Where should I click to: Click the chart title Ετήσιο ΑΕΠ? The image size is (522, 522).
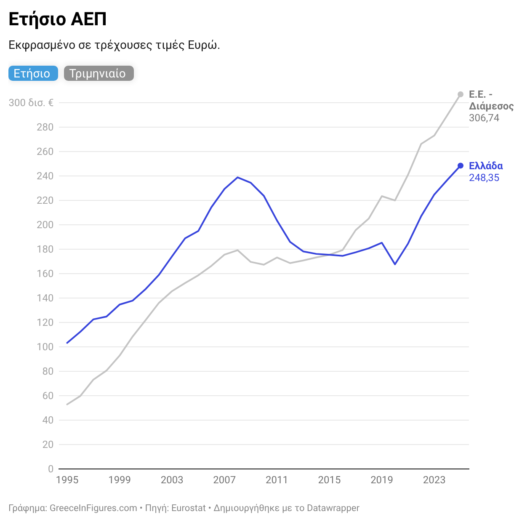(x=57, y=19)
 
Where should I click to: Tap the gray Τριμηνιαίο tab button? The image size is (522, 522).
(x=99, y=73)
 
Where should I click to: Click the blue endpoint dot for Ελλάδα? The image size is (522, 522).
(x=460, y=165)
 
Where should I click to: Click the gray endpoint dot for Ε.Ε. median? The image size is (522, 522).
(x=460, y=94)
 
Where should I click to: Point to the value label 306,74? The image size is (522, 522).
(x=484, y=118)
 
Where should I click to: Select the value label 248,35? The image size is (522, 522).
(x=484, y=178)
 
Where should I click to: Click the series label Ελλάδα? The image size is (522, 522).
(x=485, y=166)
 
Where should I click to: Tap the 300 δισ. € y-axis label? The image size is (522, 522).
(x=31, y=103)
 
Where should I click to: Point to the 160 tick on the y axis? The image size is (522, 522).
(x=45, y=274)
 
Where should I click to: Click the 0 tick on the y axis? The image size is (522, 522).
(x=51, y=469)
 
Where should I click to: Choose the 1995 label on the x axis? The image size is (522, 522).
(x=67, y=480)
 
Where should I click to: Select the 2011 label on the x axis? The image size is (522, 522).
(x=277, y=480)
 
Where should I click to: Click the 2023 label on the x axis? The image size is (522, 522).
(x=434, y=480)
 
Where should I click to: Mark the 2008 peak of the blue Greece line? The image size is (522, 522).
(x=237, y=177)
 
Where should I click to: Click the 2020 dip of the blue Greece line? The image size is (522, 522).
(x=395, y=264)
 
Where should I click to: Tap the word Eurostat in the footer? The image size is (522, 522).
(x=189, y=508)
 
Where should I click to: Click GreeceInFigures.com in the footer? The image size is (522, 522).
(x=93, y=508)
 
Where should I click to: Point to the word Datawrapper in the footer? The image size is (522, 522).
(x=333, y=508)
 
